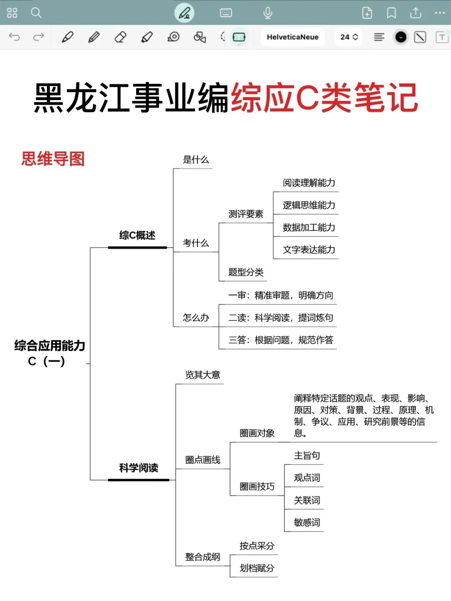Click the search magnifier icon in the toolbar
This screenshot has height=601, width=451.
36,13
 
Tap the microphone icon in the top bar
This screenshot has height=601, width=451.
268,13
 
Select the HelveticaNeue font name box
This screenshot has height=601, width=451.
292,37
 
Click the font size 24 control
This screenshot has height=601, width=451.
349,37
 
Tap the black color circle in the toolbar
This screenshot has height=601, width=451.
401,37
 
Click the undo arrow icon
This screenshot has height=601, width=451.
15,37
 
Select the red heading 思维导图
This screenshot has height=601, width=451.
53,159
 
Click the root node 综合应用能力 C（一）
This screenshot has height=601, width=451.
49,353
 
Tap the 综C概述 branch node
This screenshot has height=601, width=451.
137,235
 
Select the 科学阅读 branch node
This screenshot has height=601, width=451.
139,468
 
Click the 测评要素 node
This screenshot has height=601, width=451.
246,214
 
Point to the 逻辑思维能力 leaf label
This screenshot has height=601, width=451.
309,205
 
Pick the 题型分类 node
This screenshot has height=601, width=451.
246,272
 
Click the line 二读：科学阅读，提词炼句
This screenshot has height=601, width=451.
281,318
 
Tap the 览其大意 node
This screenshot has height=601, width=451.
203,375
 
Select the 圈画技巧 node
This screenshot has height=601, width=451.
257,486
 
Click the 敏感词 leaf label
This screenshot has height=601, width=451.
307,522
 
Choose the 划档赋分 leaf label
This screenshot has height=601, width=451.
257,568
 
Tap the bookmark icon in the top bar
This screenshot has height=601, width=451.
391,13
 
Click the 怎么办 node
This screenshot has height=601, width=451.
196,318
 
